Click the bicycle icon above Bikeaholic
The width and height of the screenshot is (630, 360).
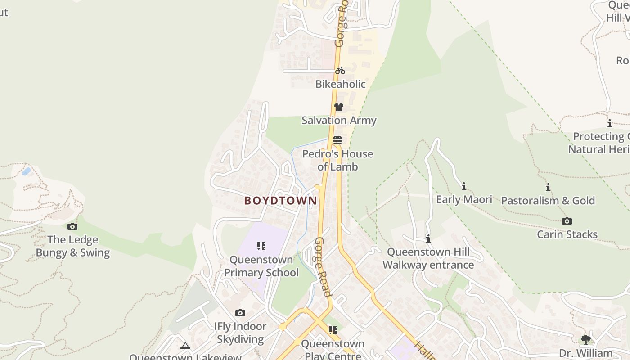[340, 71]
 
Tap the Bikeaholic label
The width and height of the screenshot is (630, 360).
[340, 84]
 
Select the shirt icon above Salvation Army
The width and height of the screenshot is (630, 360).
[339, 107]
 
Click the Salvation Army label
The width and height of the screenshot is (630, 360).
[339, 121]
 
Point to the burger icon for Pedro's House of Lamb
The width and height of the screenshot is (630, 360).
[337, 140]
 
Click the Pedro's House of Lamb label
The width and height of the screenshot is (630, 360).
[337, 160]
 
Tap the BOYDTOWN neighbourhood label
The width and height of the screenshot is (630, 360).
[280, 201]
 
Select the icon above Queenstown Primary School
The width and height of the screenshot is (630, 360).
[261, 246]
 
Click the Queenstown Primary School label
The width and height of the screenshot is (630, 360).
[261, 266]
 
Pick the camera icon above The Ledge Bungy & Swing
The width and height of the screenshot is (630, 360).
[72, 226]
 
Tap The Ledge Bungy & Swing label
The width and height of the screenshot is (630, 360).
[72, 246]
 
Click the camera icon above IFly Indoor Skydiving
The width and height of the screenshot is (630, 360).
[240, 313]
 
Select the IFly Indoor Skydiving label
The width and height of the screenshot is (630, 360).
[240, 333]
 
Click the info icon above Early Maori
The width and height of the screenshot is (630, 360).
[464, 186]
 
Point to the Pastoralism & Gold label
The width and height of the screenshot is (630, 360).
[548, 201]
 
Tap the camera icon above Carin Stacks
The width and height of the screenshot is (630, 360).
[567, 221]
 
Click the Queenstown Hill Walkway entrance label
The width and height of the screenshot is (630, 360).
[428, 258]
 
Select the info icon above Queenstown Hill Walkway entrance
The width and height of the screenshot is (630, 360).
[428, 238]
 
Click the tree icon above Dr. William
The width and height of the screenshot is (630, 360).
[585, 339]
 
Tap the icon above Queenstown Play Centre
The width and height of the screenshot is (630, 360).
[333, 330]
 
